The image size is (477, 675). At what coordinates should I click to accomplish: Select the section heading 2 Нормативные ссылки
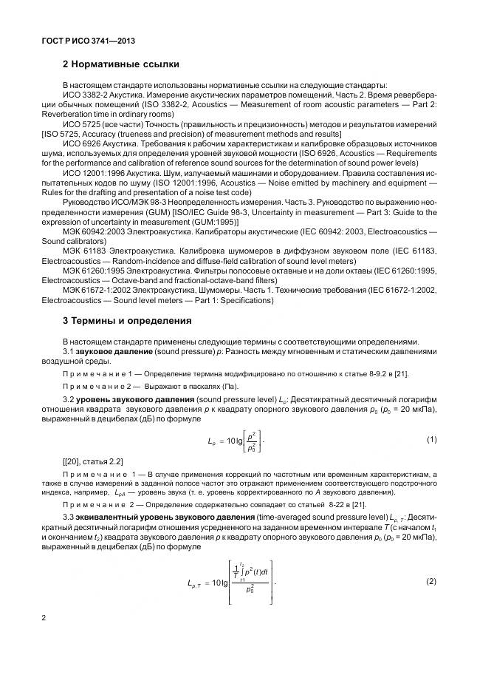point(121,65)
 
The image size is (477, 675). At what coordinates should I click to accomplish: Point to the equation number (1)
point(431,440)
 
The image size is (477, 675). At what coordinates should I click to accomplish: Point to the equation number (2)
point(431,581)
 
